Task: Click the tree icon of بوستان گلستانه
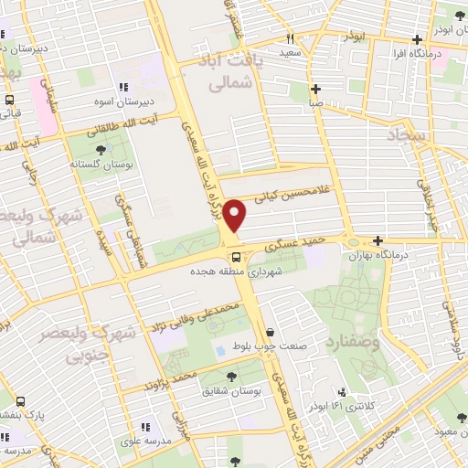101,150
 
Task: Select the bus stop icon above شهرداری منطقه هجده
235,258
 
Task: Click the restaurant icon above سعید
290,39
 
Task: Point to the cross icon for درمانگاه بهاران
378,240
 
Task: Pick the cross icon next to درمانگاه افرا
417,39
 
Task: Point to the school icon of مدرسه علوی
144,426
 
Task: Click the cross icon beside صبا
315,90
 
